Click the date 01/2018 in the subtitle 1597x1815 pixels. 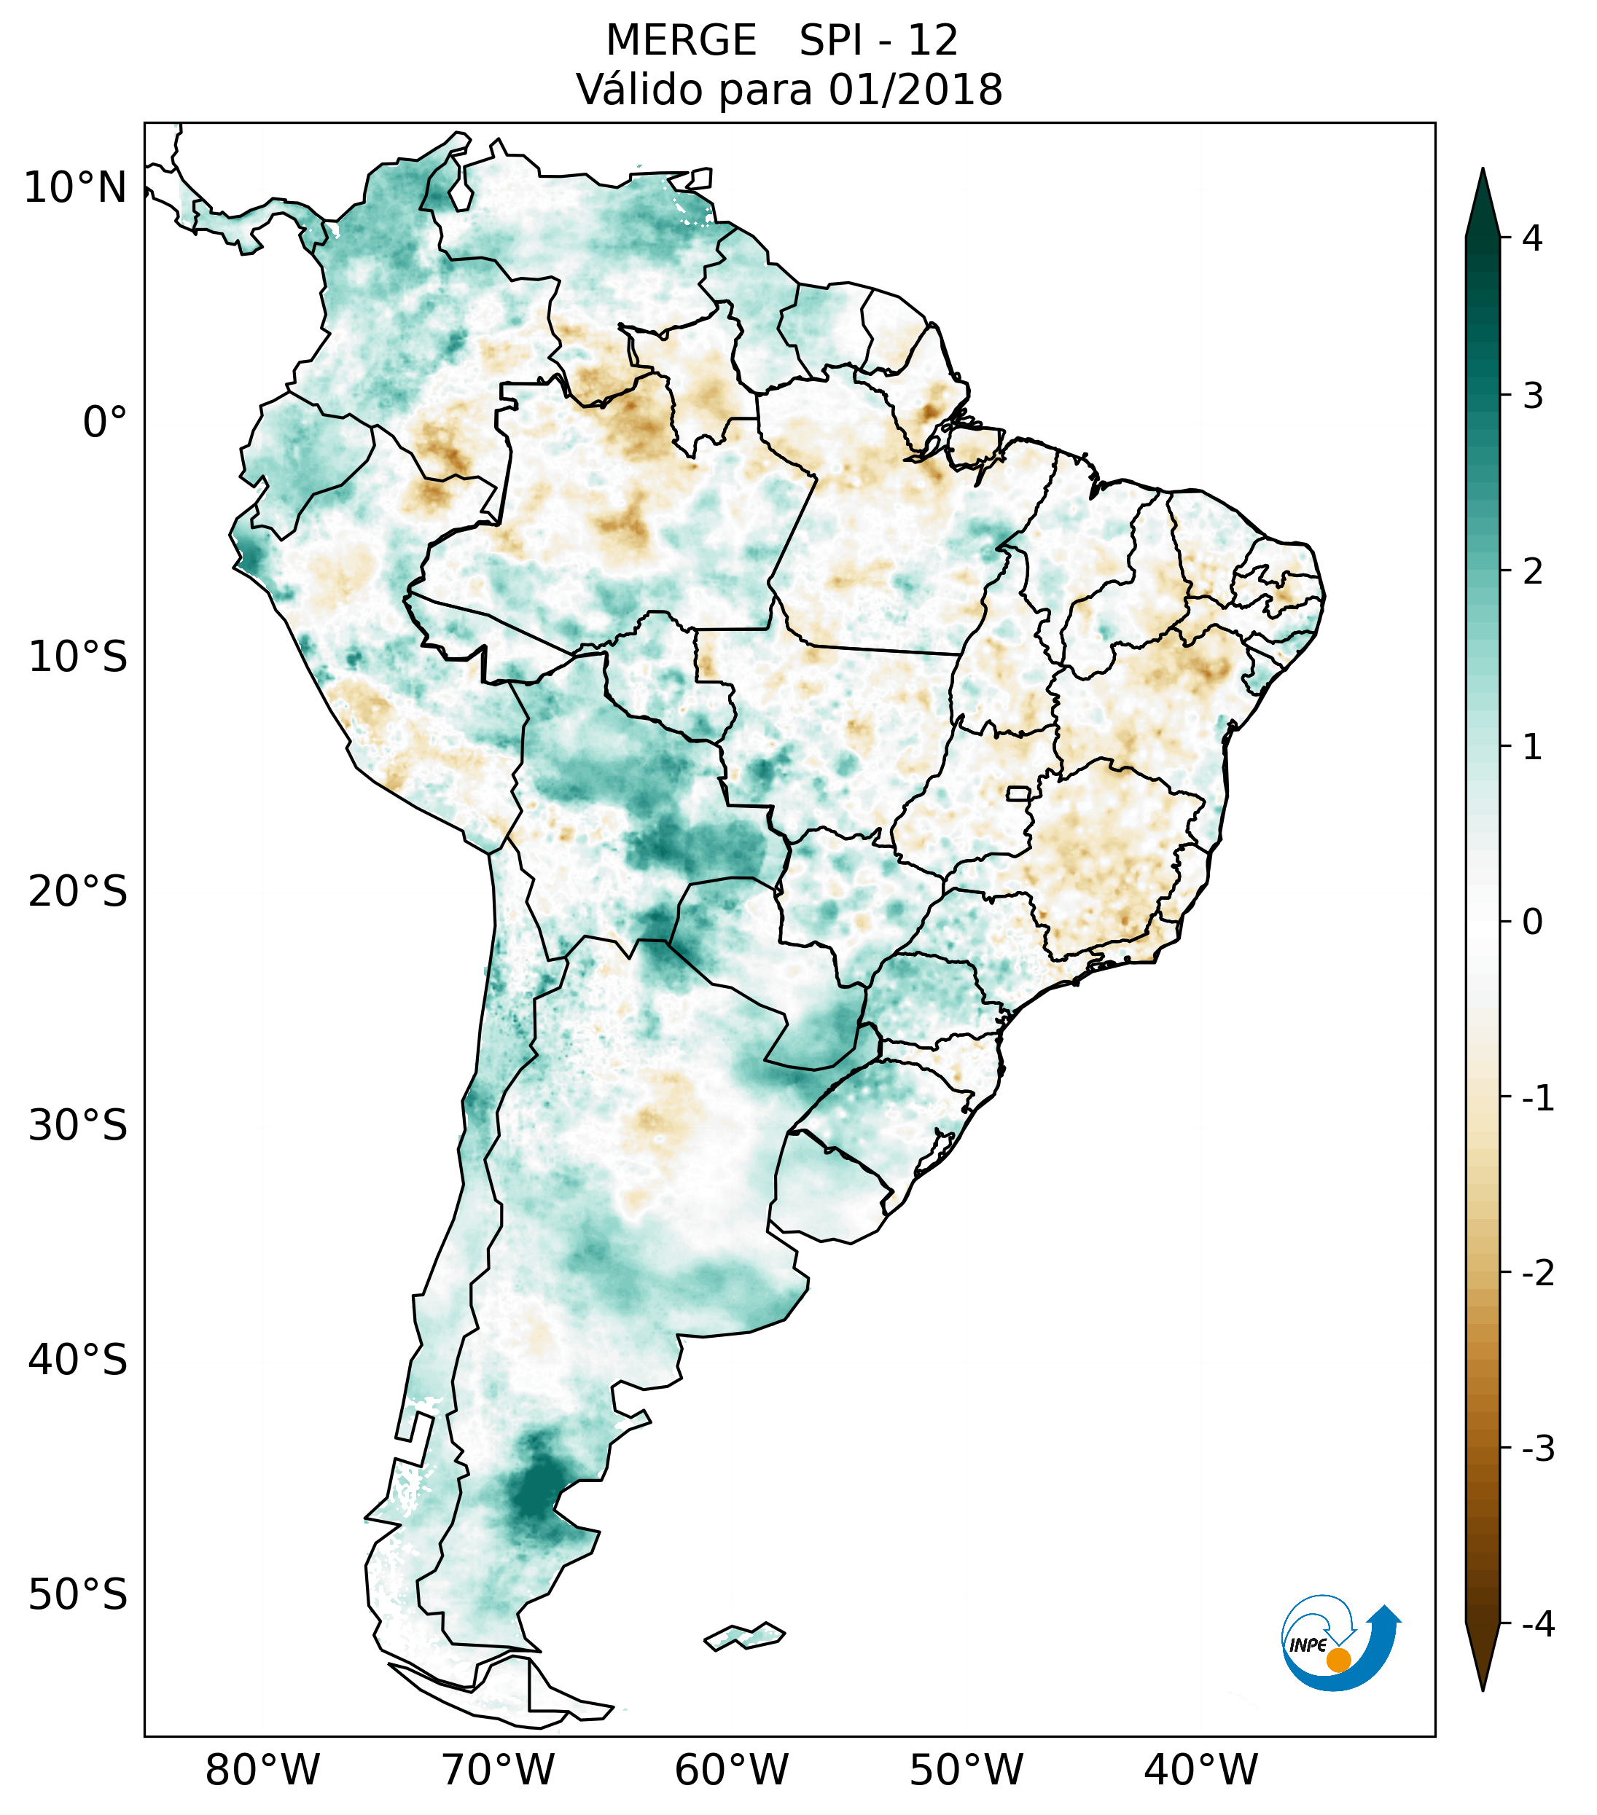(915, 90)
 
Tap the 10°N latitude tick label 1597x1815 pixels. (74, 188)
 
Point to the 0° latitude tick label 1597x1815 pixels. (105, 423)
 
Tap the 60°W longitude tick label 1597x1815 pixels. (731, 1770)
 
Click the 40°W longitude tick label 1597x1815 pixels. (1201, 1770)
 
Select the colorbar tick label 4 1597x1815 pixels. (1532, 238)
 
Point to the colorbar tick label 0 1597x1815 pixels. (1532, 922)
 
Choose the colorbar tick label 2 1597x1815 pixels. (1532, 572)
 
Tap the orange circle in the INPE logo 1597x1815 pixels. (1338, 1660)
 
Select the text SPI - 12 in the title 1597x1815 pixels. (878, 41)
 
